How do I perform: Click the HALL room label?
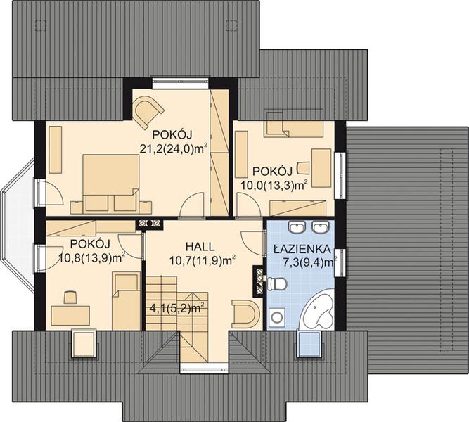coord(200,247)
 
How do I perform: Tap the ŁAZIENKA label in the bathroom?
coord(302,249)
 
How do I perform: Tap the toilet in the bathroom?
coord(277,283)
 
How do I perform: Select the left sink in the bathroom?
coord(297,227)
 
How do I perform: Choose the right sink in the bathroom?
coord(320,227)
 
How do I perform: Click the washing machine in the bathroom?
coord(277,316)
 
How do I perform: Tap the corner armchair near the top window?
coord(148,111)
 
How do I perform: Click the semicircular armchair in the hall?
coord(245,314)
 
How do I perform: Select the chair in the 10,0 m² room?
coord(303,168)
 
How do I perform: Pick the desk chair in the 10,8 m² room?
coord(70,297)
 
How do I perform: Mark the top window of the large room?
coord(180,83)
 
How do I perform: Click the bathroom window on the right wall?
coord(340,262)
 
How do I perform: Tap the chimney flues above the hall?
coord(149,223)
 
